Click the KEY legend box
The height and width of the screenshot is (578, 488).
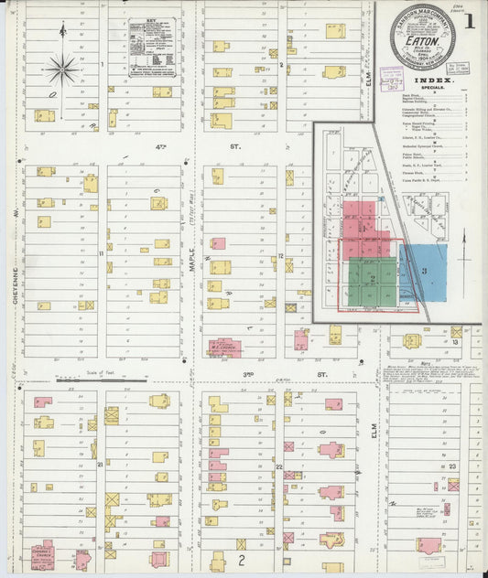coord(151,47)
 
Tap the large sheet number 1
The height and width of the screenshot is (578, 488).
coord(468,20)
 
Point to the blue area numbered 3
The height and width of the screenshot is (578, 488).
coord(423,272)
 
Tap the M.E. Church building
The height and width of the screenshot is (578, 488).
coord(224,347)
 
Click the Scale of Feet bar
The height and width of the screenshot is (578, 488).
coord(101,381)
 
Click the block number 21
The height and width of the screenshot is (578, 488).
coord(98,466)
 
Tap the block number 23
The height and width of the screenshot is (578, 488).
coord(453,466)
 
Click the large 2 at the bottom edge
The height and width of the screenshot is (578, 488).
coord(242,557)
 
